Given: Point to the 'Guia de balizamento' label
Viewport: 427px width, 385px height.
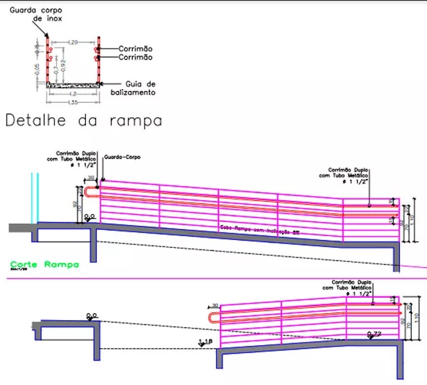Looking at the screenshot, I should click(x=141, y=88).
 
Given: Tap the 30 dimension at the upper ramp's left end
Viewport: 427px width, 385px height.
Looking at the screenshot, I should click(x=90, y=177).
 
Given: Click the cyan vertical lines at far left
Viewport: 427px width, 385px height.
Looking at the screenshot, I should click(x=35, y=196).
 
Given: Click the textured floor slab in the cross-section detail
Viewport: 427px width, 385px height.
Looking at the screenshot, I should click(x=72, y=83).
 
